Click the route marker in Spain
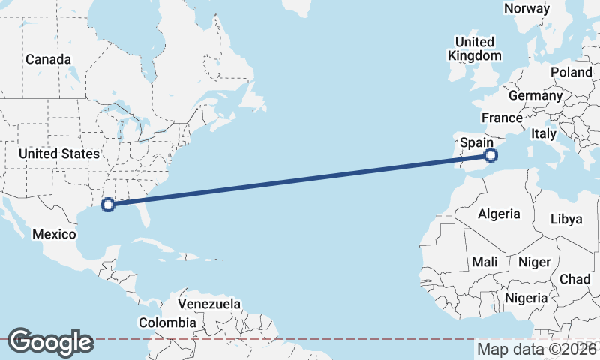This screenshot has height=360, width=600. coord(490,156)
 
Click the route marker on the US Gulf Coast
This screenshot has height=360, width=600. coord(108,204)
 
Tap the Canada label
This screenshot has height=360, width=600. coord(48,59)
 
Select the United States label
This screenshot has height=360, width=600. coord(58,154)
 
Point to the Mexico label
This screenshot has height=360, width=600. coord(54,235)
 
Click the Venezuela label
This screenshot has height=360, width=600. coord(209,304)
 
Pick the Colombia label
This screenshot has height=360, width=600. coord(167,322)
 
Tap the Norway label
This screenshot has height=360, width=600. coord(526,8)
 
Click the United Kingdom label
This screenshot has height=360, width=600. coord(474,49)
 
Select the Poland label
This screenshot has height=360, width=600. coord(571,72)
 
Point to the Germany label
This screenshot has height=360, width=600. coord(535,96)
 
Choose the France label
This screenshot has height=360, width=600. coord(502,118)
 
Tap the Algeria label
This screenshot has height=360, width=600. coord(499,214)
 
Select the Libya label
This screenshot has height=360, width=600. coord(566,219)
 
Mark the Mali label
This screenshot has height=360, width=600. coord(484,262)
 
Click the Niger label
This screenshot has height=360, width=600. coord(534,262)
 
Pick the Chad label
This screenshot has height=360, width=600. coord(575,279)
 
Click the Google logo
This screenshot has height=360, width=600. coord(50,342)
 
